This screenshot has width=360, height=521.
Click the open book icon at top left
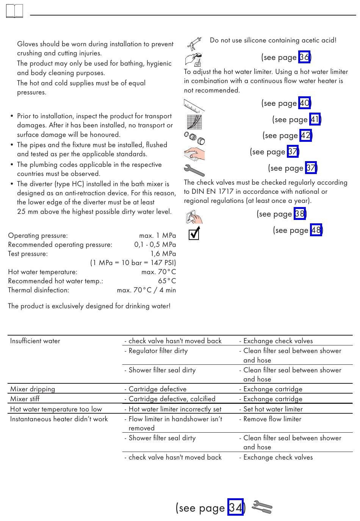[14, 11]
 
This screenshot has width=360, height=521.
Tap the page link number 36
[304, 57]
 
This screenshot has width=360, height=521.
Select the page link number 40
[304, 103]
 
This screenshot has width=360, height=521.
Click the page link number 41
[315, 119]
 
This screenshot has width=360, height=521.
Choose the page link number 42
[305, 135]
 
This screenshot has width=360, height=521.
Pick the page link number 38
[300, 214]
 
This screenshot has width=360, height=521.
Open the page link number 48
[316, 230]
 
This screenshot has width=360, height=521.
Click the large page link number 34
[235, 507]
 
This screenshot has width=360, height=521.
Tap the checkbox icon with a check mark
[194, 234]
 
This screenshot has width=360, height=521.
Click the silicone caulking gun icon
[194, 44]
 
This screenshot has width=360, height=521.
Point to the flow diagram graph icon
[194, 122]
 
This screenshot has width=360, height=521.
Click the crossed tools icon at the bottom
[262, 507]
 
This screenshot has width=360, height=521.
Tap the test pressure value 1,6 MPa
[163, 254]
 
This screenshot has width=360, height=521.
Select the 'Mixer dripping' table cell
[33, 389]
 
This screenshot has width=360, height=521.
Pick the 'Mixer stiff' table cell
[25, 399]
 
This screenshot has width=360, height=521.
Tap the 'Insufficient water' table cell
[35, 341]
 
